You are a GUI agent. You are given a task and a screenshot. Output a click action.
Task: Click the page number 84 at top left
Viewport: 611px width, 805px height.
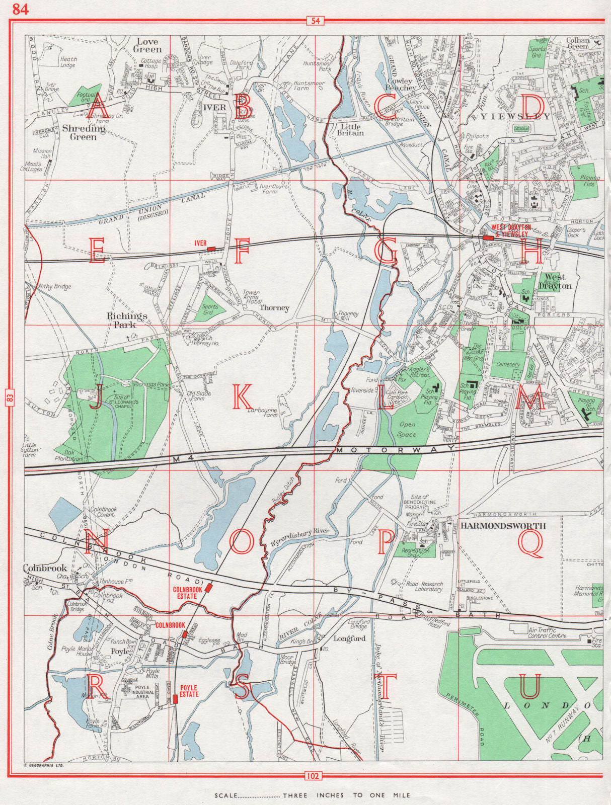[21, 9]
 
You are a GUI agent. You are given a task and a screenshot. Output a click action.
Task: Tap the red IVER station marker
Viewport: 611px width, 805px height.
[211, 249]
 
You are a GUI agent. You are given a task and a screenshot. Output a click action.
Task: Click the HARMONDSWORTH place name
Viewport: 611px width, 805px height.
[503, 526]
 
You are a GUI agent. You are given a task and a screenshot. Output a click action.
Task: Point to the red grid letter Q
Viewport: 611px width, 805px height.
[530, 544]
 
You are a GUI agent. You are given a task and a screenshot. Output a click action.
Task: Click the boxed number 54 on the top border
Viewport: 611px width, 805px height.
[315, 21]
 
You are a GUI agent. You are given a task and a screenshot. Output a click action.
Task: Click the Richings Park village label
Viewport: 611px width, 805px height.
[127, 320]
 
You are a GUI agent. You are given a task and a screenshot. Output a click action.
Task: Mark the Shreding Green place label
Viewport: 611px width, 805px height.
[84, 132]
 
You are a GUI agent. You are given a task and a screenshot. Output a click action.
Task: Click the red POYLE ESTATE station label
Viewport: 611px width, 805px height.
[189, 691]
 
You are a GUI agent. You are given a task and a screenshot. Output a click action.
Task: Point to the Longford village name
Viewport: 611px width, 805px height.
[349, 638]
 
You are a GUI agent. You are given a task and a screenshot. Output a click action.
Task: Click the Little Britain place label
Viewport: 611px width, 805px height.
[350, 130]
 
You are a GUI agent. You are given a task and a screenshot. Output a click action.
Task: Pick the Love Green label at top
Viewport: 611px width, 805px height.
[147, 45]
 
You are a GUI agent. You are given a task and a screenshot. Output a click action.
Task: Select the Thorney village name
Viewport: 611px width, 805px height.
[274, 308]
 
